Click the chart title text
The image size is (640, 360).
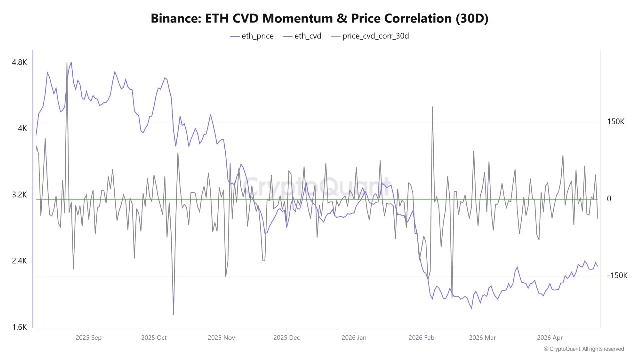coord(319,19)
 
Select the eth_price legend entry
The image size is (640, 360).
coord(252,36)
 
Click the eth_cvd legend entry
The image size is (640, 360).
coord(302,36)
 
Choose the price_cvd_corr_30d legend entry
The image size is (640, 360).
coord(369,36)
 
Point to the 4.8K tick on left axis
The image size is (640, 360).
coord(19,62)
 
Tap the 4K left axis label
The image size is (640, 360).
coord(22,128)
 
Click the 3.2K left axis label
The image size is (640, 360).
coord(19,195)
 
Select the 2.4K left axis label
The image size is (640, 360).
coord(19,261)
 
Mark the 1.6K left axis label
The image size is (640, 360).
coord(19,327)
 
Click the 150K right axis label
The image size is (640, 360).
coord(616,122)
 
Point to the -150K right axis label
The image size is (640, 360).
coord(617,276)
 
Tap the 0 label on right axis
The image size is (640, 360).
coord(609,199)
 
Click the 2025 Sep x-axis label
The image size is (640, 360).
coord(89,338)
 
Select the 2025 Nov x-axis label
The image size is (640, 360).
coord(221,338)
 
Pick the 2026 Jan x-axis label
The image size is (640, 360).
coord(354,338)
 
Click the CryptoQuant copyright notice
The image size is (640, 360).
coord(583,349)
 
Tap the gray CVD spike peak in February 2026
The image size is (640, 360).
coord(432,107)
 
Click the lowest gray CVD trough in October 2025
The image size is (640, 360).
coord(173,314)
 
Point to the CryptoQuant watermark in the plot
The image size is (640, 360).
coord(318,188)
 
